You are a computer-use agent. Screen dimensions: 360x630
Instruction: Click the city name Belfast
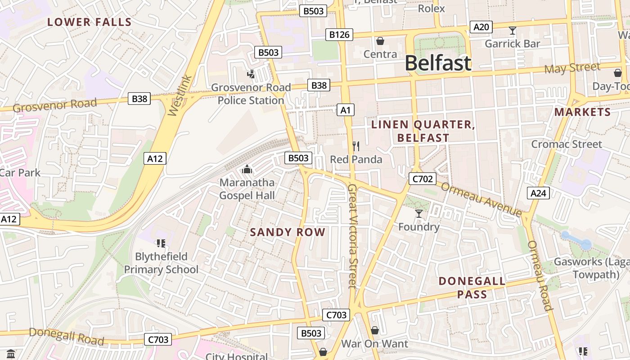pos(438,63)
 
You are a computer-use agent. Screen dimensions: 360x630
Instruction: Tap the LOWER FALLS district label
pos(90,22)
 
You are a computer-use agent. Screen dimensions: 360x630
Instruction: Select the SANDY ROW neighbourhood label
pos(288,232)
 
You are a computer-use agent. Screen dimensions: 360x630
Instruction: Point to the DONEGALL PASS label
pos(472,288)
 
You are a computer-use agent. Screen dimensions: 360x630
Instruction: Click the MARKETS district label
pos(582,112)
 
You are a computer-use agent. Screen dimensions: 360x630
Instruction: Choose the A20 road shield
pos(481,27)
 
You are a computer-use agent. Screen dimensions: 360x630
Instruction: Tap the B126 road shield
pos(339,34)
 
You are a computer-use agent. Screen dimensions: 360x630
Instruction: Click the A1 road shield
pos(345,110)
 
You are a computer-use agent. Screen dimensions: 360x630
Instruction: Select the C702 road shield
pos(423,179)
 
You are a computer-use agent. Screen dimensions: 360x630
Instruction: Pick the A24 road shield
pos(538,193)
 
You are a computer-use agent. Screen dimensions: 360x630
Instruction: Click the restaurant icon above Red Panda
pos(356,146)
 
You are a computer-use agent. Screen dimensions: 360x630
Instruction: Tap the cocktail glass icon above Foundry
pos(419,213)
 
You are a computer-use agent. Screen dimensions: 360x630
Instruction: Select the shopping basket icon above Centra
pos(380,41)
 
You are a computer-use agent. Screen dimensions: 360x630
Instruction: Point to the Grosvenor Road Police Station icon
pos(251,74)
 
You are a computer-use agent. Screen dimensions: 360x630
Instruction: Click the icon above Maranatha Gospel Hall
pos(247,170)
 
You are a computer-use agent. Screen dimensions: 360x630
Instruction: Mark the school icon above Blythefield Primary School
pos(161,243)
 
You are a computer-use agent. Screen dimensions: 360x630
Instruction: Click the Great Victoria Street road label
pos(353,236)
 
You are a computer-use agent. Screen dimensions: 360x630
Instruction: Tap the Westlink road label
pos(180,96)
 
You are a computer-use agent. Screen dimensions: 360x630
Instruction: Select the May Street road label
pos(572,68)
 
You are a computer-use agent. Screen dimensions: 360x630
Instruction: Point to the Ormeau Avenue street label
pos(481,198)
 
